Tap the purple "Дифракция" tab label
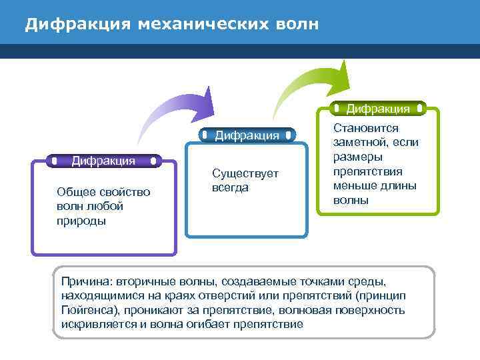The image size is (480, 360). click(x=103, y=160)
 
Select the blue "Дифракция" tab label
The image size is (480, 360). click(x=247, y=135)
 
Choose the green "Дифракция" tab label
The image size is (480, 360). click(x=378, y=108)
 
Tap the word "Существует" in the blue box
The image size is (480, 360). click(x=245, y=174)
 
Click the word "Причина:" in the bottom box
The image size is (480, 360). click(x=86, y=282)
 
